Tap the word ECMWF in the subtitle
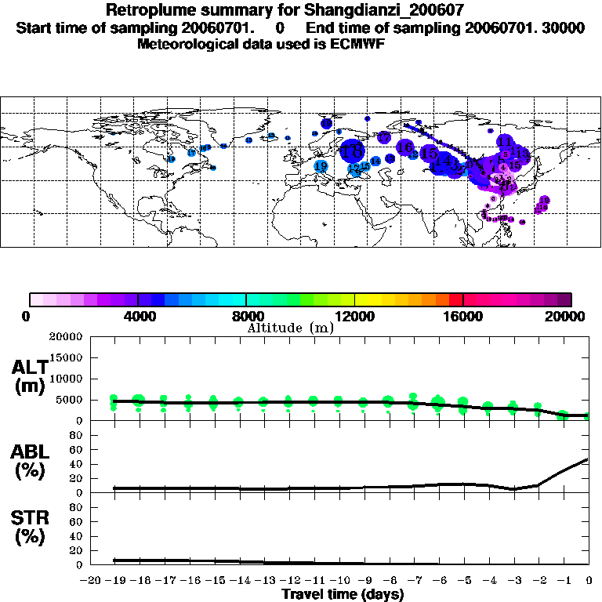[356, 44]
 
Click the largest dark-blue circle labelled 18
[351, 150]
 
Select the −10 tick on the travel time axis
[339, 581]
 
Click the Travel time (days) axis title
[343, 594]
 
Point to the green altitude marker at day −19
[114, 401]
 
